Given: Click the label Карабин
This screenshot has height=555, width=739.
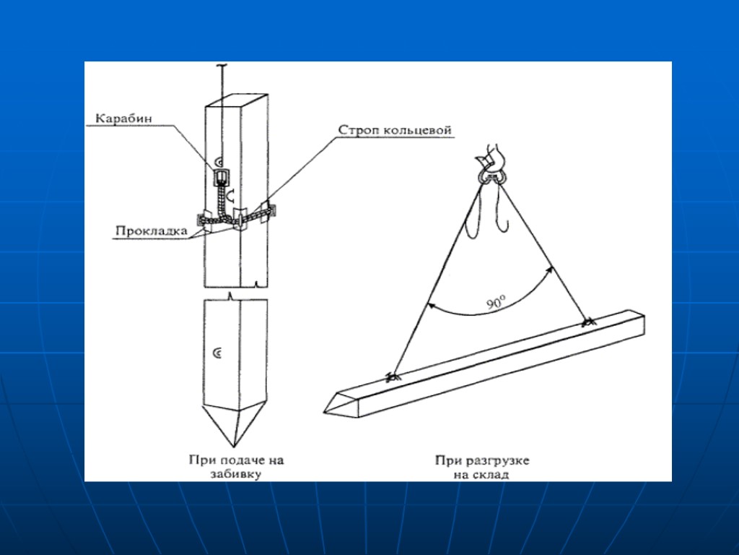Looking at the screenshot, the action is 123,119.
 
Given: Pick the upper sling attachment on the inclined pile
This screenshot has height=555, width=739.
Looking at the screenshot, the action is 589,322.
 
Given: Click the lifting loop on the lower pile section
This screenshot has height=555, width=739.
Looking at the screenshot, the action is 218,353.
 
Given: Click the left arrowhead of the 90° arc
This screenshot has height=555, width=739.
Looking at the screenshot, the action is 429,306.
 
